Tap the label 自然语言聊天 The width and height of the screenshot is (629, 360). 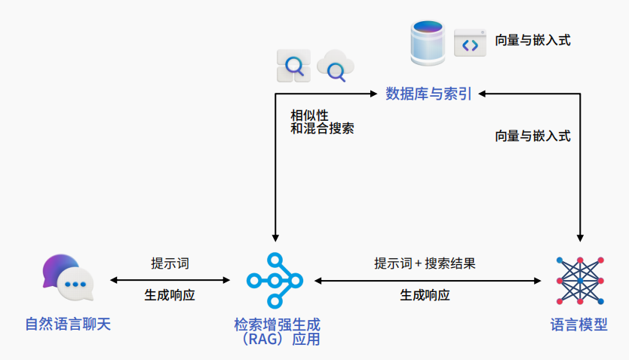[x=68, y=325]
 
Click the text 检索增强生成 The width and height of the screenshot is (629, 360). [x=277, y=325]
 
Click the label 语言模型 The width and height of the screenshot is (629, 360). [x=579, y=325]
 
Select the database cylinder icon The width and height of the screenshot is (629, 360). [x=428, y=43]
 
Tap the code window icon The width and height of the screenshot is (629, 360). [x=470, y=44]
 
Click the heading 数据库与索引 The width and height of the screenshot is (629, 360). [x=428, y=94]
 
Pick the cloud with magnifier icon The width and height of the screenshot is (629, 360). [x=334, y=67]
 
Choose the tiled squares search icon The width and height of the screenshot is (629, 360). [x=293, y=66]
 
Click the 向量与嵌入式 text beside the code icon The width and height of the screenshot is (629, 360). [x=532, y=41]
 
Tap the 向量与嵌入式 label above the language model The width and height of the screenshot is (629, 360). [x=532, y=137]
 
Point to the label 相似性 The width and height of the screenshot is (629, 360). [x=309, y=115]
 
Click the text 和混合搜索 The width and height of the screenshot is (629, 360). [x=322, y=129]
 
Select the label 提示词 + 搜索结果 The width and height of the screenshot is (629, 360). [x=425, y=263]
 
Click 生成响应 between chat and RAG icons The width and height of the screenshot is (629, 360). [x=170, y=295]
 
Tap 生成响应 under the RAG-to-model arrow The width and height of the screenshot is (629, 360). [x=425, y=295]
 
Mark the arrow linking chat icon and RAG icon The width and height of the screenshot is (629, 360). [x=170, y=280]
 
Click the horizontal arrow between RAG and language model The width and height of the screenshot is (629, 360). [x=427, y=280]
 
